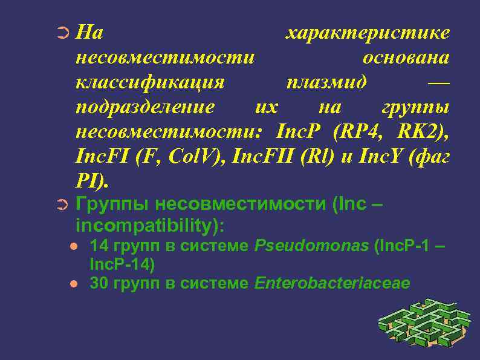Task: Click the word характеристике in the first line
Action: point(367,33)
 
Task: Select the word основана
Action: point(406,57)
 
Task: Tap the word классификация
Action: point(150,82)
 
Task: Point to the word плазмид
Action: point(326,82)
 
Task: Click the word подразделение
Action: point(145,107)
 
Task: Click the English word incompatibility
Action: point(149,226)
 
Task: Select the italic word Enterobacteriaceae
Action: point(332,283)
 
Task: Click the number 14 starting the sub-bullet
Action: point(97,246)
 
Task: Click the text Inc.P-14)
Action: point(122,264)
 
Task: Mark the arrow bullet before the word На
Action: point(63,33)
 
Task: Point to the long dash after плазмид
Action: point(438,82)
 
